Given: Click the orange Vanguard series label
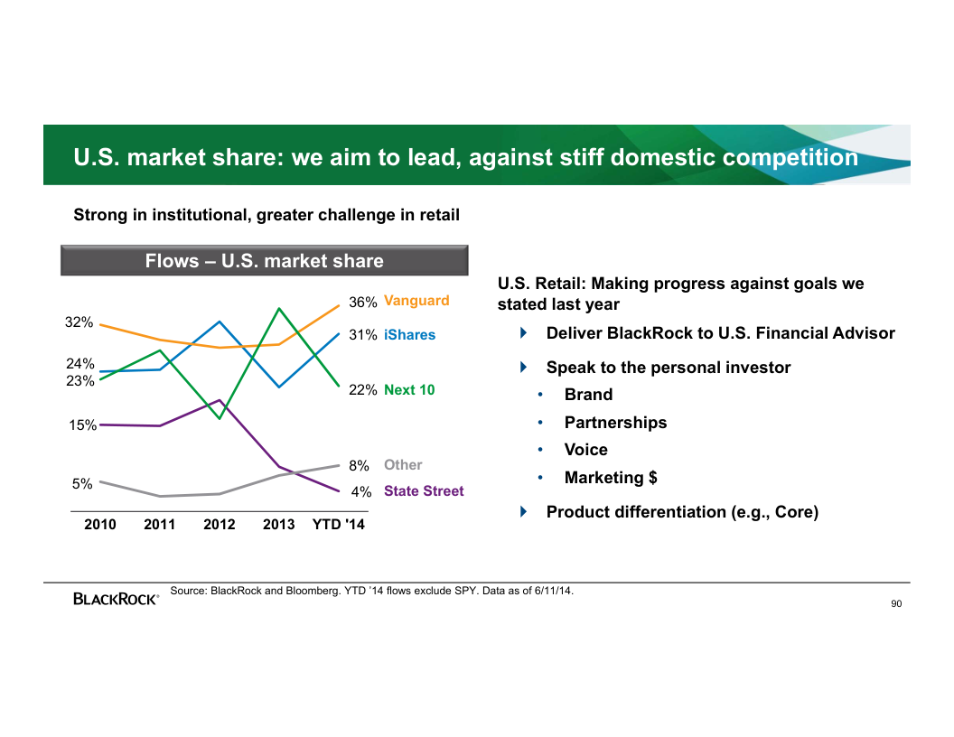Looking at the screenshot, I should [x=416, y=301].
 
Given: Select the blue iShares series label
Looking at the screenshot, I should [x=409, y=335].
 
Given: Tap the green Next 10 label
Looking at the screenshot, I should [x=408, y=390].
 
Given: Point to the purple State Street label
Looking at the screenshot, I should [x=424, y=491].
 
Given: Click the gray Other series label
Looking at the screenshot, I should [x=403, y=465].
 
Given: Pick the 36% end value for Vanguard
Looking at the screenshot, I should [x=363, y=302].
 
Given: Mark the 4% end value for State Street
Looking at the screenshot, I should [x=361, y=492].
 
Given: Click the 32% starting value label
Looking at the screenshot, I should [x=79, y=322].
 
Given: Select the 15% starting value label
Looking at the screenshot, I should [x=83, y=425].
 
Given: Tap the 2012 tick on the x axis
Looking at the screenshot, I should [x=220, y=525].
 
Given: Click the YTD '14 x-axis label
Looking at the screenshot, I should [x=339, y=525].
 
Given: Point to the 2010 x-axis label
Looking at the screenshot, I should [x=100, y=525].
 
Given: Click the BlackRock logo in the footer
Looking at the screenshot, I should [x=116, y=598].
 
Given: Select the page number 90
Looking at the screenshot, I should [x=895, y=604].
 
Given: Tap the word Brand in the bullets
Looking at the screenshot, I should [x=588, y=395].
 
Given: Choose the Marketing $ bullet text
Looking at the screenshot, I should [x=611, y=478].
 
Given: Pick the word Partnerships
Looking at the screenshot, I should [x=615, y=423].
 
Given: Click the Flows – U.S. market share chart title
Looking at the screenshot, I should [x=265, y=261].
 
